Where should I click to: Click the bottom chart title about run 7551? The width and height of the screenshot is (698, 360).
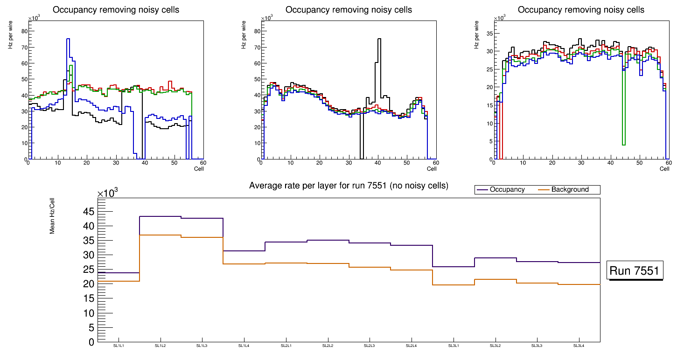(349, 186)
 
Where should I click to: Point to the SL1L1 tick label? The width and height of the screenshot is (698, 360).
(119, 346)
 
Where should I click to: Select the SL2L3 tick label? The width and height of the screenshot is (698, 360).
(370, 346)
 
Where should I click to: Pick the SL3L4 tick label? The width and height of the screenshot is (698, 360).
(579, 346)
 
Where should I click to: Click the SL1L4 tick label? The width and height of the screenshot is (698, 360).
(244, 346)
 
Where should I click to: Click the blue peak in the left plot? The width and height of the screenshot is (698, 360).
(68, 40)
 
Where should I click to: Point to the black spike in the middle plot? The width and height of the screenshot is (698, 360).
(379, 40)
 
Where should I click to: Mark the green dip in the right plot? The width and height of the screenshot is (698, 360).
(623, 144)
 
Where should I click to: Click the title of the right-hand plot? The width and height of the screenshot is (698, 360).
(581, 10)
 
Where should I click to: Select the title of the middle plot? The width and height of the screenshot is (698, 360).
(349, 10)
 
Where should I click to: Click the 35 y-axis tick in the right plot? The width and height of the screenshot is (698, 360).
(490, 34)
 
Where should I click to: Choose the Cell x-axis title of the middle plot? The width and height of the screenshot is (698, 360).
(431, 168)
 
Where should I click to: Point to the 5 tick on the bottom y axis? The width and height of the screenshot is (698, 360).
(91, 327)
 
